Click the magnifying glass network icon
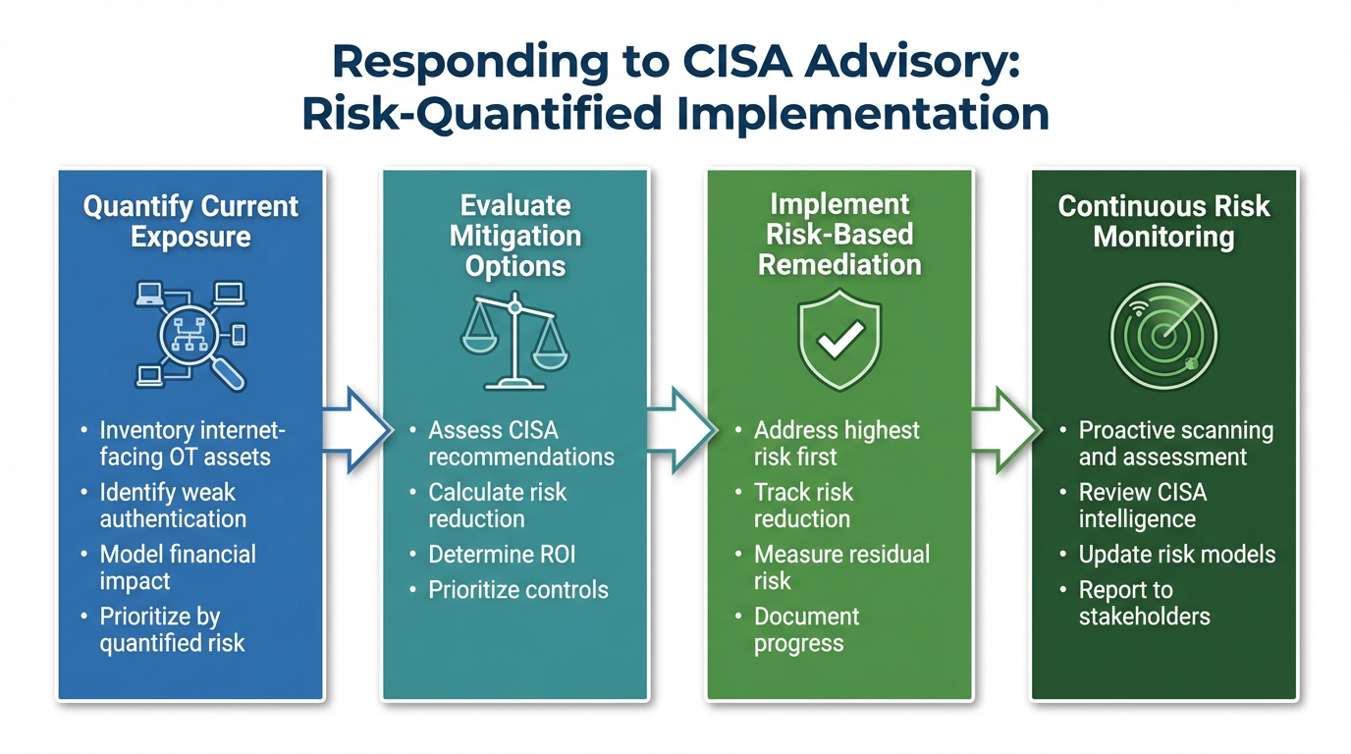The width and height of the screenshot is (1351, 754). (190, 334)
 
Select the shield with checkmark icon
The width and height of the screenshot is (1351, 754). (840, 339)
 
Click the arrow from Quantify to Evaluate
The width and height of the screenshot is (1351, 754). (353, 429)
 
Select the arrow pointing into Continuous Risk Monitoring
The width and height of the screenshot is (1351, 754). (1003, 429)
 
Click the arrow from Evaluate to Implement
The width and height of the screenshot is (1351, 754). (678, 429)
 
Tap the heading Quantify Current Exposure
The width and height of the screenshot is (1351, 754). (190, 222)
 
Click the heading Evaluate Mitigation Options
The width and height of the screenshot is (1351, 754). (515, 236)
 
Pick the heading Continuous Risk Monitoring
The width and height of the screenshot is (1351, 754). (1164, 222)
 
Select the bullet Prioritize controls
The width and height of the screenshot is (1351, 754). (518, 590)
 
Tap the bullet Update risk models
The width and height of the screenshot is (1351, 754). (1177, 555)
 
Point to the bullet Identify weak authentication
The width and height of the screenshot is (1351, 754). (173, 506)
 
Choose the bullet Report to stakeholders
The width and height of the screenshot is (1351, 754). (1145, 604)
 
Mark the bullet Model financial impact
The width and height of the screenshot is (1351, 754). (178, 567)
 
